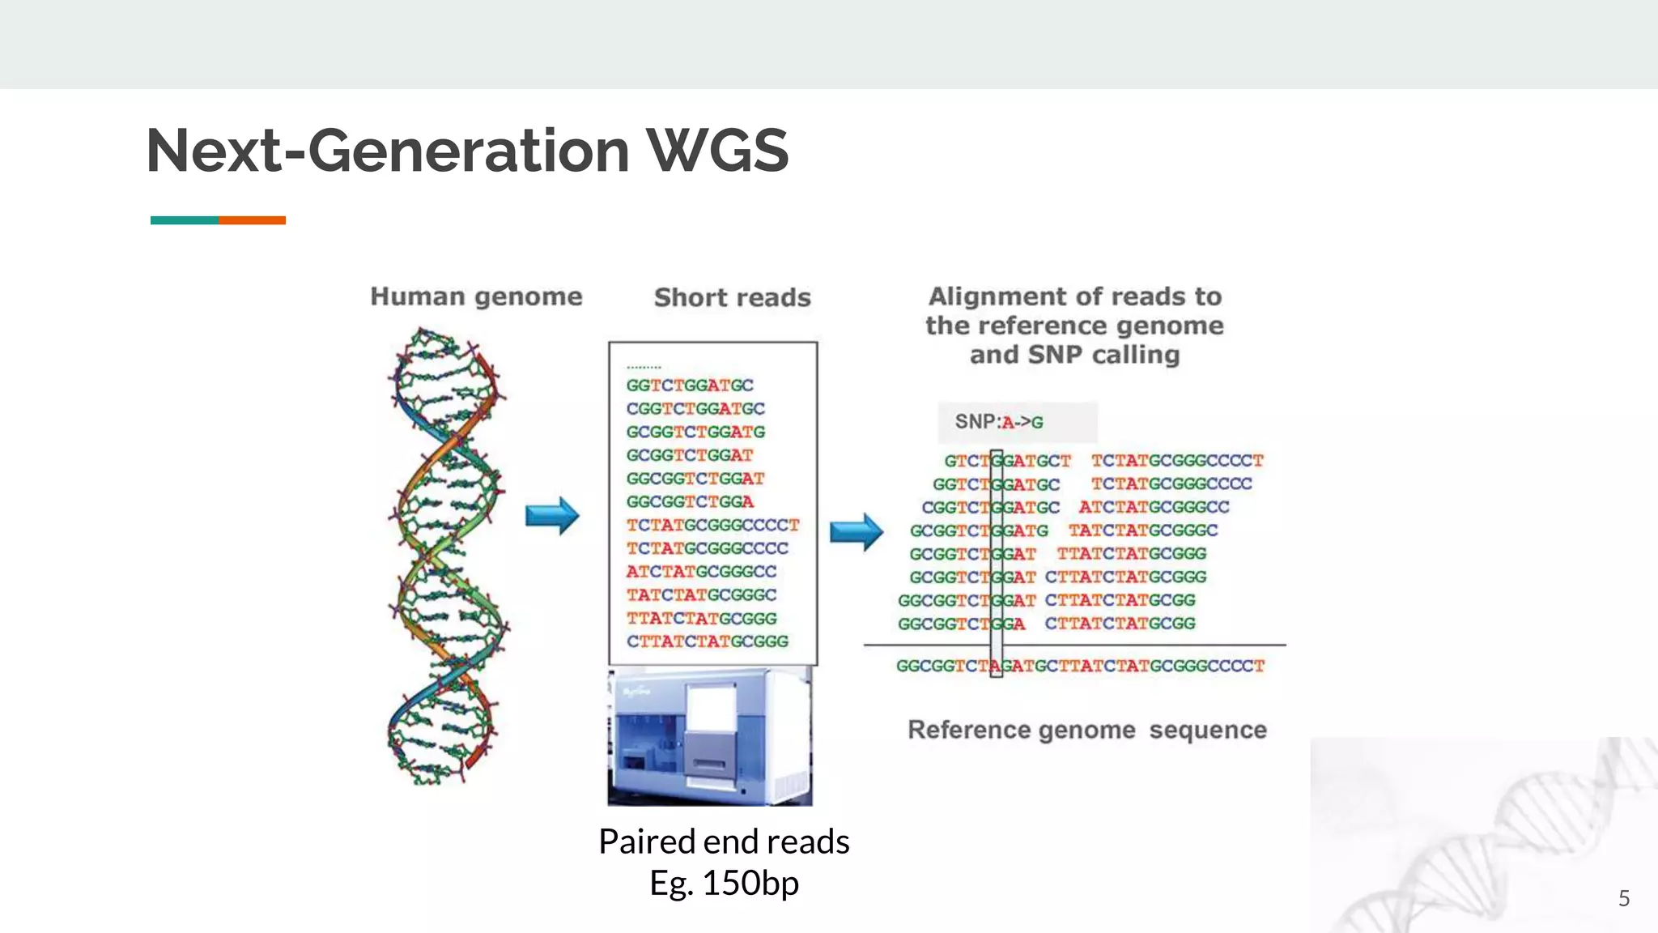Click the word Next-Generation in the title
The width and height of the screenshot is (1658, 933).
[x=387, y=151]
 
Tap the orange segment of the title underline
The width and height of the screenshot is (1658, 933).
[x=252, y=220]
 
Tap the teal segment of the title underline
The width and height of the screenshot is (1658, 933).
[x=184, y=220]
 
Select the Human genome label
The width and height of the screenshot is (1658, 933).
[x=476, y=296]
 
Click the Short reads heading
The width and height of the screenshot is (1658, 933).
[x=732, y=298]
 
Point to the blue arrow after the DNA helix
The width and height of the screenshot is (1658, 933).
[x=552, y=516]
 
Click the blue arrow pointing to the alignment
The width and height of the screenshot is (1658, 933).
[x=856, y=532]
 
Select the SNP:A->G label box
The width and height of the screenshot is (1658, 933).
[x=1017, y=422]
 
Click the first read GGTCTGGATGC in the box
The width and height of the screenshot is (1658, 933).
[x=690, y=386]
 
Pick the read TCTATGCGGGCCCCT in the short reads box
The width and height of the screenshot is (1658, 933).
[x=712, y=526]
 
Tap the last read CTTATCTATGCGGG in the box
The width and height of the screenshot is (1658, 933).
[x=707, y=641]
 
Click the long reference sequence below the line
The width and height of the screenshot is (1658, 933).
[x=1079, y=667]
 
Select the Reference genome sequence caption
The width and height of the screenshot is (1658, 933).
[x=1086, y=730]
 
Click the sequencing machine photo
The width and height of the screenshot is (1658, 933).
[x=710, y=737]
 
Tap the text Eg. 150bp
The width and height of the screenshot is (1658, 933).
[x=724, y=883]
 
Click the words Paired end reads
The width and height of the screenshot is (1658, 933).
[x=724, y=841]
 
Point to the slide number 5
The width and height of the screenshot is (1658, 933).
[x=1623, y=898]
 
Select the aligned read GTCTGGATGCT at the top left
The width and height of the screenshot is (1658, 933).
[x=1007, y=461]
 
